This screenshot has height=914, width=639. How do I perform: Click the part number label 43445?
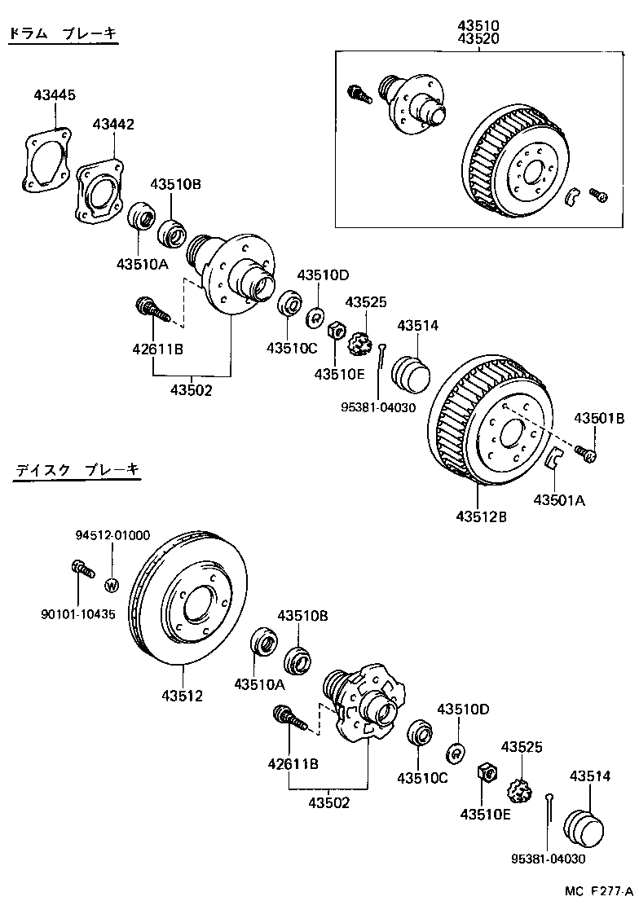pyautogui.click(x=55, y=95)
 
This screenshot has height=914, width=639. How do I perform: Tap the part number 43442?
pyautogui.click(x=113, y=125)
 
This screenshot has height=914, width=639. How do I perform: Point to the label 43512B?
pyautogui.click(x=481, y=516)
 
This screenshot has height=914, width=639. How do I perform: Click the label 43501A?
pyautogui.click(x=559, y=500)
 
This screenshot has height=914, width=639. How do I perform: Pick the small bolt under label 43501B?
pyautogui.click(x=587, y=452)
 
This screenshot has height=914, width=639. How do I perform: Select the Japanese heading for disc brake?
pyautogui.click(x=77, y=470)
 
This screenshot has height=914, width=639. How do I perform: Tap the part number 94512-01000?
pyautogui.click(x=112, y=535)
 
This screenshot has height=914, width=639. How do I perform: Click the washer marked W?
pyautogui.click(x=112, y=584)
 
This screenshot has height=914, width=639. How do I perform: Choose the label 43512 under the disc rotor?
pyautogui.click(x=182, y=696)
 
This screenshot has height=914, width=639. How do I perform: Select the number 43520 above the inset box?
pyautogui.click(x=478, y=38)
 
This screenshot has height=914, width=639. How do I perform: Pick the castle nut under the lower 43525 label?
pyautogui.click(x=519, y=789)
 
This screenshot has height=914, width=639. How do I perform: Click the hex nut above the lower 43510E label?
pyautogui.click(x=484, y=771)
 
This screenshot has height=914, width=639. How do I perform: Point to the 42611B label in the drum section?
pyautogui.click(x=157, y=349)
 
